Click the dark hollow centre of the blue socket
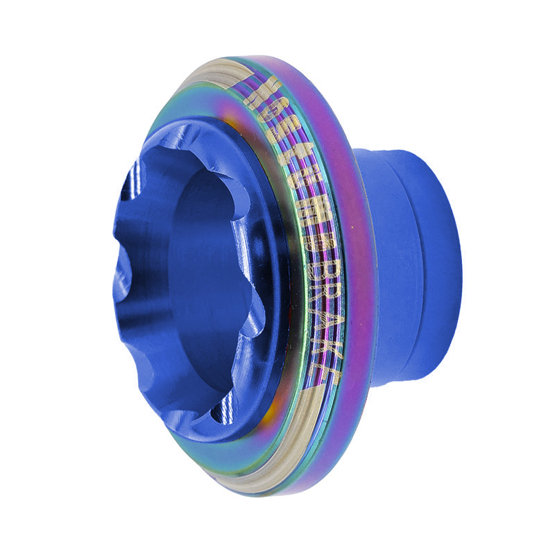pyautogui.click(x=208, y=277)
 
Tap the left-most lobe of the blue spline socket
pyautogui.click(x=125, y=277)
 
